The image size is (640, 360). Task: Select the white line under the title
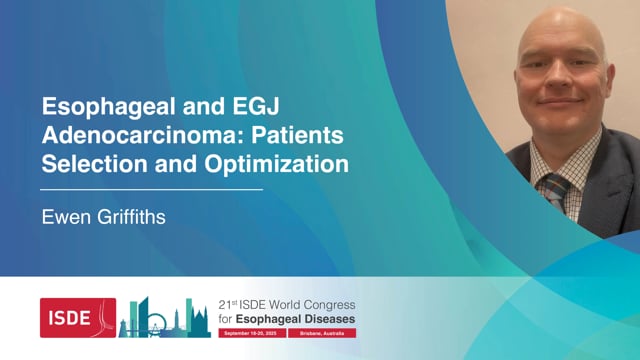click(x=151, y=188)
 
